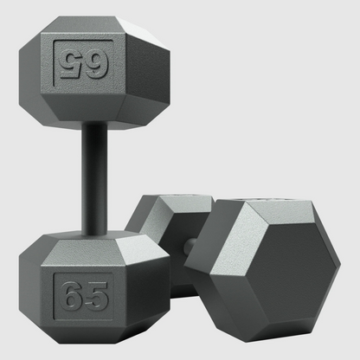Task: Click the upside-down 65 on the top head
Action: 83,63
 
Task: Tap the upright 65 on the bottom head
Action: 84,296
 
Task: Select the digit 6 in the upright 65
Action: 71,296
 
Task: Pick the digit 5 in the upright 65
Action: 97,296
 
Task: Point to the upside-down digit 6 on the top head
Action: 97,63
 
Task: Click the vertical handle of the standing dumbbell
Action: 94,179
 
